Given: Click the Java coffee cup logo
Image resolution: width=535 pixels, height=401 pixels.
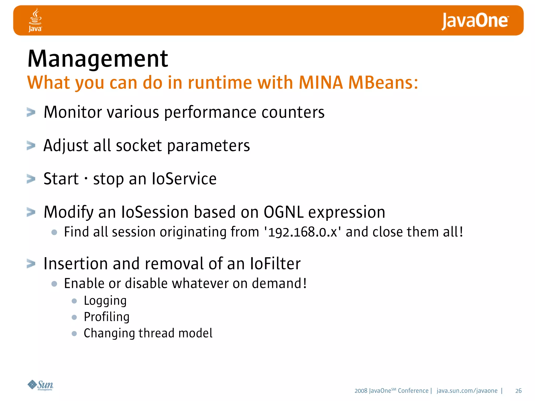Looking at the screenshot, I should coord(35,20).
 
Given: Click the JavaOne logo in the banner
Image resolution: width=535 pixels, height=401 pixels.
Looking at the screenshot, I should coord(475,21).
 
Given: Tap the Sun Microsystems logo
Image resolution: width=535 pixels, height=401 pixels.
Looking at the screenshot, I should coord(40,385).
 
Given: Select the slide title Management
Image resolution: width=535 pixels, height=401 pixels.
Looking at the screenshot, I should coord(98,59).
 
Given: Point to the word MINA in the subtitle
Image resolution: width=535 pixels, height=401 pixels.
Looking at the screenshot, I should coord(321,83).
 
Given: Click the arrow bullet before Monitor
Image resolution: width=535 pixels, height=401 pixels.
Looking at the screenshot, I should coord(31,113).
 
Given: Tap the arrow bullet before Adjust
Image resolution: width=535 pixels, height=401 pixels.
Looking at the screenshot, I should coord(31,146).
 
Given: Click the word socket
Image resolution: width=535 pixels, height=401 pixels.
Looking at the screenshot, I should coord(139,146).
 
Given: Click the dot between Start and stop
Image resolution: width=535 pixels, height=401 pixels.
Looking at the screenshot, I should coord(86,179).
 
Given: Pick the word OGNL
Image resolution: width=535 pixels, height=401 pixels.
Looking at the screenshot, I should coord(284,212).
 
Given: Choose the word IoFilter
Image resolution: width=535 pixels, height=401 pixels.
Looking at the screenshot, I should coord(275,264).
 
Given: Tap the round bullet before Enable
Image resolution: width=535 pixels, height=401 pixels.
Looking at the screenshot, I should coord(54,284).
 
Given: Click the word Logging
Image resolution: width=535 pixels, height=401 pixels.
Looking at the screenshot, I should coord(105,301).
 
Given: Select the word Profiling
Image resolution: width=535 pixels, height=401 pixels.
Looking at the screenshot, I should coord(107,317).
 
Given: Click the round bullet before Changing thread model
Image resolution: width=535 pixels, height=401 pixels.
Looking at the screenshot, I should coord(74,334).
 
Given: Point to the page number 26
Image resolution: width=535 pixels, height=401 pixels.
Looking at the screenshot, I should coord(518,391).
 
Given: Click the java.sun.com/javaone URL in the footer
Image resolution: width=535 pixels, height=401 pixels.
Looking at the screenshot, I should coord(467,391).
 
